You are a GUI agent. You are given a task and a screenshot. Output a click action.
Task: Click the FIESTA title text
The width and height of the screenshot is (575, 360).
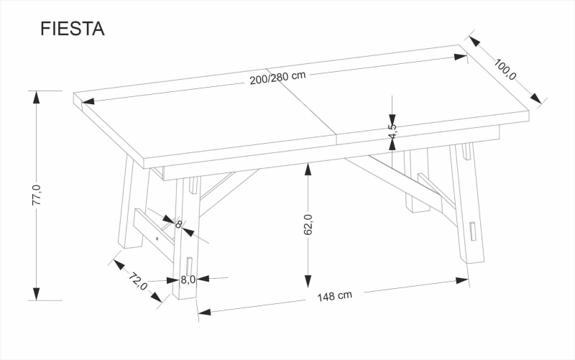click(73, 29)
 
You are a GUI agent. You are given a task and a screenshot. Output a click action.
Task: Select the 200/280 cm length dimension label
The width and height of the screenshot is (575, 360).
click(277, 78)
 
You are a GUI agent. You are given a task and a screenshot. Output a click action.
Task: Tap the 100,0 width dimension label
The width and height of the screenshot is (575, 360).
click(505, 69)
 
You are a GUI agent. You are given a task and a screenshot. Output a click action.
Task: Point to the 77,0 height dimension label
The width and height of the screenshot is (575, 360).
click(37, 195)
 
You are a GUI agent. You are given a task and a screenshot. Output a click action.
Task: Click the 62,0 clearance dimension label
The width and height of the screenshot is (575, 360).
click(308, 224)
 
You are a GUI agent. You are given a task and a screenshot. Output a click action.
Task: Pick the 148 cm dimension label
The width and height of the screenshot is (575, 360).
click(334, 296)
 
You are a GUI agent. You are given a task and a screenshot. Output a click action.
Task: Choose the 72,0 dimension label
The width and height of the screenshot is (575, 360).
click(137, 281)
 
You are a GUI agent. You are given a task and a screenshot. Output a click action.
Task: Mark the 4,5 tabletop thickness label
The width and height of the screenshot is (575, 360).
click(392, 131)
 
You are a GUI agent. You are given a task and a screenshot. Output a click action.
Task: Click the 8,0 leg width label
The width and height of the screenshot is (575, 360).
click(188, 280)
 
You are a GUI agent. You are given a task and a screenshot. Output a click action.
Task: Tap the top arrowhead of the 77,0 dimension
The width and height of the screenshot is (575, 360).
click(36, 97)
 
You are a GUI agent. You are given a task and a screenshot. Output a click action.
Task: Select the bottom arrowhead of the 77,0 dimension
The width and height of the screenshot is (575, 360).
click(36, 294)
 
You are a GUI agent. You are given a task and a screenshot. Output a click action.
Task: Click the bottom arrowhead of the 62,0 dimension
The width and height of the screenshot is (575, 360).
click(308, 281)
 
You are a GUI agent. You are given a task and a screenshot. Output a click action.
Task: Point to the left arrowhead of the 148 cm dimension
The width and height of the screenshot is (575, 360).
click(204, 313)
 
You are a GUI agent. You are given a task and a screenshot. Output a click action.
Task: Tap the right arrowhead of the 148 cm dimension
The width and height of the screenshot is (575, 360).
click(462, 281)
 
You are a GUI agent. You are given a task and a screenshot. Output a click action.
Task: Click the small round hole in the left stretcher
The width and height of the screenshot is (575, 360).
click(157, 239)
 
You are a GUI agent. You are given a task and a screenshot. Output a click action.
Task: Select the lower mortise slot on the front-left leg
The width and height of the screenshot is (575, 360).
click(189, 267)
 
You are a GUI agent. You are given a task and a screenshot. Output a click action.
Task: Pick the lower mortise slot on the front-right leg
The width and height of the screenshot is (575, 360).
click(473, 231)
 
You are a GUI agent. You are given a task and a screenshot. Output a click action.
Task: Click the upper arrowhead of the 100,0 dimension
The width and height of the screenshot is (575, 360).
click(474, 41)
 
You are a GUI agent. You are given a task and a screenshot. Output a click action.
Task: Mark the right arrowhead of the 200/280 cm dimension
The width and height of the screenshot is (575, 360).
click(460, 57)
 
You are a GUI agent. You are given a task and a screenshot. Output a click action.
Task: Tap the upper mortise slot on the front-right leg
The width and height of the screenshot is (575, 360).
click(466, 152)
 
